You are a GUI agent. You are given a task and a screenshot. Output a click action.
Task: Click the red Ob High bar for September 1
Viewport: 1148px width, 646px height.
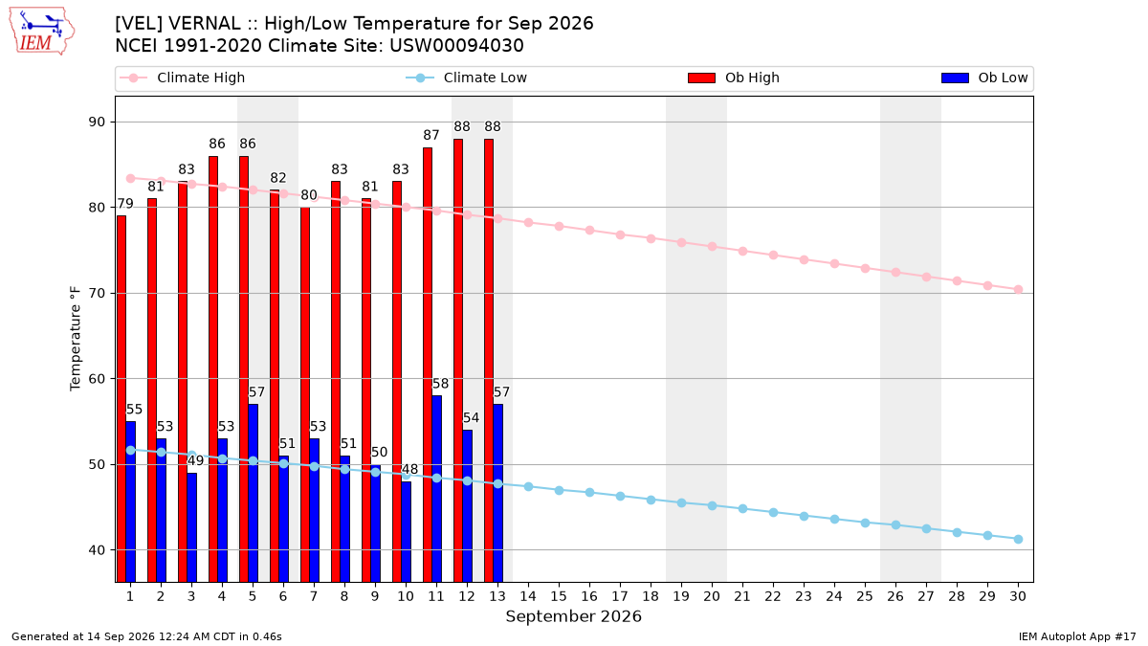121,399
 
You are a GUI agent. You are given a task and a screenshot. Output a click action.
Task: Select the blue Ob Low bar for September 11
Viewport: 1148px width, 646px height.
436,489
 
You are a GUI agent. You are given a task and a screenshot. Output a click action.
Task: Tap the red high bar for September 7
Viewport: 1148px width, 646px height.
305,394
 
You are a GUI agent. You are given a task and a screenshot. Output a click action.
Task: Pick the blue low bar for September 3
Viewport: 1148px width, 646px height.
191,527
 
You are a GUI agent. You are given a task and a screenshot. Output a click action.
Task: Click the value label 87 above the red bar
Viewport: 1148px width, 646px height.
431,135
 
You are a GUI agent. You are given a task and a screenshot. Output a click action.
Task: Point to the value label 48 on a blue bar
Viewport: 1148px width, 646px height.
409,469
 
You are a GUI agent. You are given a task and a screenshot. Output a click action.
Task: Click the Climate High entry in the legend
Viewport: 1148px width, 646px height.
183,78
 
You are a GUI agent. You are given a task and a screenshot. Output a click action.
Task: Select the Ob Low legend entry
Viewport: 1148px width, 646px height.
984,78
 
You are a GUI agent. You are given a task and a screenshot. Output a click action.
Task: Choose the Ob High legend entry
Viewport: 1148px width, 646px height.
734,78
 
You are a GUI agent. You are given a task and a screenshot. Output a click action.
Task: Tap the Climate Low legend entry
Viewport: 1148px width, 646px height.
467,78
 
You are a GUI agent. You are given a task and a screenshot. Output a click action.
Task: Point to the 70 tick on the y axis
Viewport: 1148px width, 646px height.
97,293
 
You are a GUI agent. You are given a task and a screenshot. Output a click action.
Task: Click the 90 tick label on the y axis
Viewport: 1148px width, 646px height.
97,123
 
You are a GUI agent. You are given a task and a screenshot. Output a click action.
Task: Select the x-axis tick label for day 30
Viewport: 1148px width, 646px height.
1018,596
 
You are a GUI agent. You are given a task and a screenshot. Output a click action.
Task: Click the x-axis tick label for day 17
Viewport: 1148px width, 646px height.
620,596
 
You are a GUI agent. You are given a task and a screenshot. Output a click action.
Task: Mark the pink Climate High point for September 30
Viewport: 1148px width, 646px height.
1018,290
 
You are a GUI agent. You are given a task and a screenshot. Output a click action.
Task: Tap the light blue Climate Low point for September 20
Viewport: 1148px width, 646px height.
712,506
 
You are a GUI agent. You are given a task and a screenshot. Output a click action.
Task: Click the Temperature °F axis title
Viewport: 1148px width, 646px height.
76,339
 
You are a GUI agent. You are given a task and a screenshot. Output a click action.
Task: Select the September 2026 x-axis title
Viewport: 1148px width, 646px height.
573,616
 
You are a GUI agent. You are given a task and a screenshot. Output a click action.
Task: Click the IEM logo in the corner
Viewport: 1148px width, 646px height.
41,32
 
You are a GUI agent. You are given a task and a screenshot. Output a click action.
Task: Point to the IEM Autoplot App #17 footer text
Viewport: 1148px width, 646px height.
1077,636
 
